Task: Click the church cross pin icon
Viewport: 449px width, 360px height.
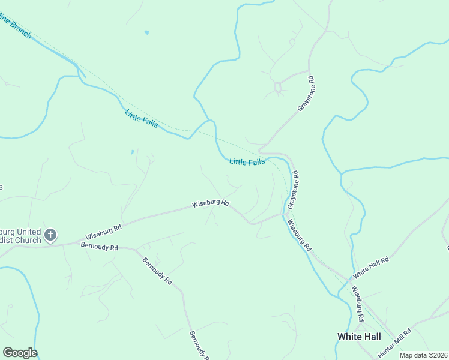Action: (51, 235)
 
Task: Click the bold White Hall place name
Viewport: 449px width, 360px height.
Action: (359, 337)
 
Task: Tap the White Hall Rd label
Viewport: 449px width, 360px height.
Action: (371, 267)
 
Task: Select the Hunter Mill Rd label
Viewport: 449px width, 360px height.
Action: (394, 344)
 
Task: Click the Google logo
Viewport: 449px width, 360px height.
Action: (20, 353)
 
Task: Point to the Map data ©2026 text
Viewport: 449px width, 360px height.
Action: (423, 355)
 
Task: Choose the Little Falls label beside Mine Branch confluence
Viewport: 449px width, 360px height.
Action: (142, 118)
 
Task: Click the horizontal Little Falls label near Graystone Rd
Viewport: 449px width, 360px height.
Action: (247, 162)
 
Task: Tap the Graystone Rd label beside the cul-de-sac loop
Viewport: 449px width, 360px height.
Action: (306, 94)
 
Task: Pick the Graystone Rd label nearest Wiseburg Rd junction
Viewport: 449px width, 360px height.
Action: (292, 190)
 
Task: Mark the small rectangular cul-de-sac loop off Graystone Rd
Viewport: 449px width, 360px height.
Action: (278, 88)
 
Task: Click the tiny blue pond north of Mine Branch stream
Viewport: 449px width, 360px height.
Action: (146, 32)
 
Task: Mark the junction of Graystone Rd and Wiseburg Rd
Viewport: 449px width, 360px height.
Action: (285, 214)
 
